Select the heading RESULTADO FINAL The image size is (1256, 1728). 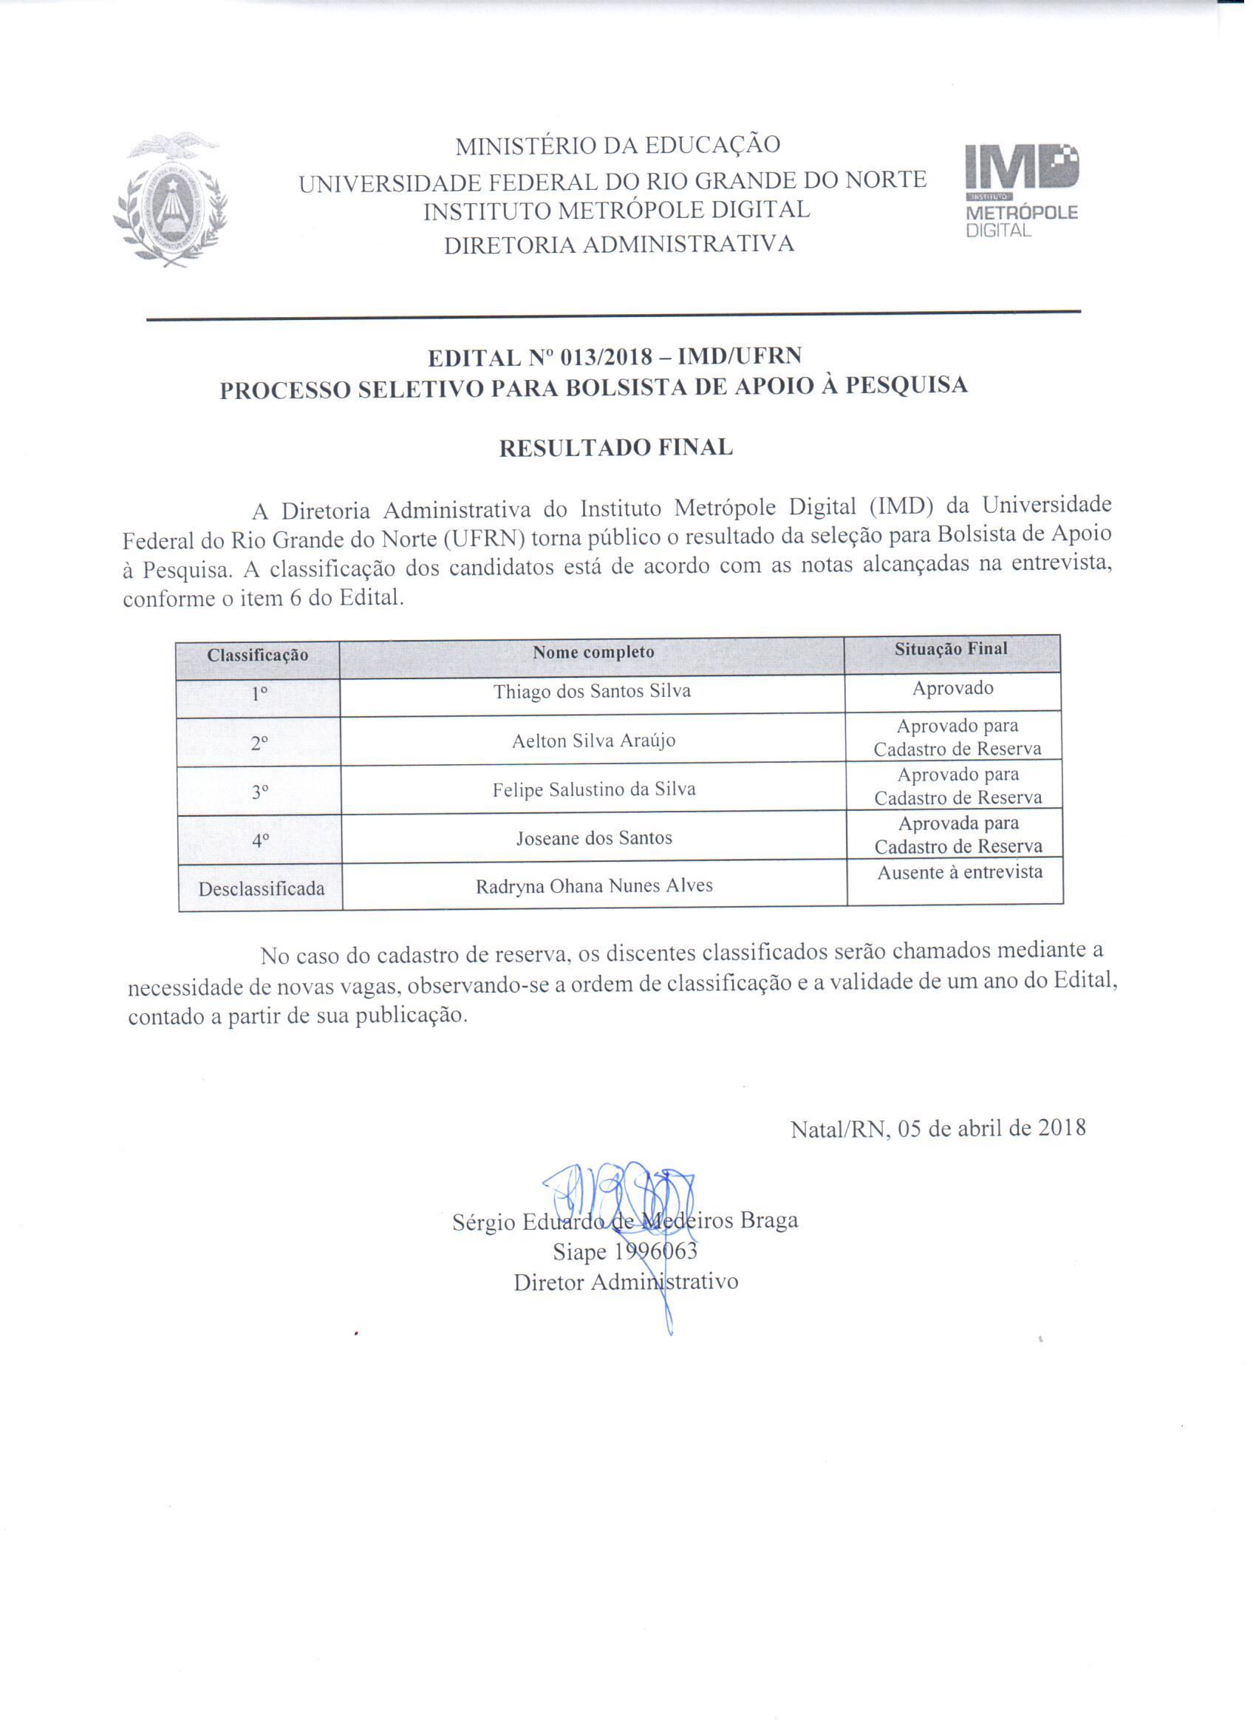(x=615, y=447)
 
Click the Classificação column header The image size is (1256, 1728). (x=257, y=656)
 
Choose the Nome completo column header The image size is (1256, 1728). (x=593, y=652)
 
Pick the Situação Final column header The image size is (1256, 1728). (x=951, y=649)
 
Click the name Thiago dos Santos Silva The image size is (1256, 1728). (x=592, y=692)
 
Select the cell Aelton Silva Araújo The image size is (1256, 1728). (x=593, y=741)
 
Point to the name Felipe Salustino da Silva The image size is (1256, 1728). (x=594, y=789)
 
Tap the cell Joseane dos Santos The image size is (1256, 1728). (x=594, y=838)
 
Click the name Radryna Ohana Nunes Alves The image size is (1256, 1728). (x=594, y=886)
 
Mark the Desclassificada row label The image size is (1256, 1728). (x=262, y=889)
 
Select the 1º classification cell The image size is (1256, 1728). (x=259, y=695)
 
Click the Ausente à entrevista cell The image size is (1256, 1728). (x=960, y=872)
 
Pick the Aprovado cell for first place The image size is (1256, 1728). (x=953, y=689)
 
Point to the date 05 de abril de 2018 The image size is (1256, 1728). (x=992, y=1129)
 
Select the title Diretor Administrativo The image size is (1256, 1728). (x=625, y=1282)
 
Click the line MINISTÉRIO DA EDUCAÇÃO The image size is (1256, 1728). (x=617, y=146)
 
